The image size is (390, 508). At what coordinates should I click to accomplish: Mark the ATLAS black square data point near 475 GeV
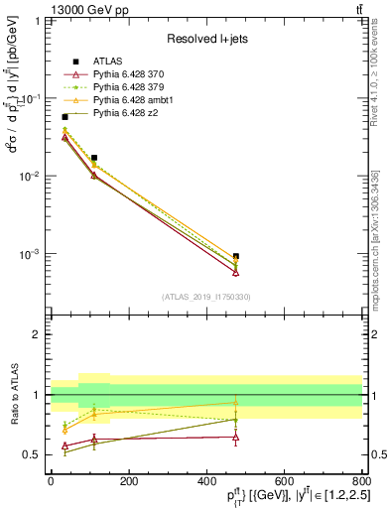pos(235,256)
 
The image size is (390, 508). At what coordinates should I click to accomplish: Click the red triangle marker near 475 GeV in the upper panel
pos(235,272)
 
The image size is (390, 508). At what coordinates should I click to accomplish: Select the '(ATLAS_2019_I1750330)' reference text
pos(205,297)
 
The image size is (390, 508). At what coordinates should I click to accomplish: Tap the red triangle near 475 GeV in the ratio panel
pos(235,437)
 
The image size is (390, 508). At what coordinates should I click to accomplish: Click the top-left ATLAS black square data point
pos(65,117)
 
